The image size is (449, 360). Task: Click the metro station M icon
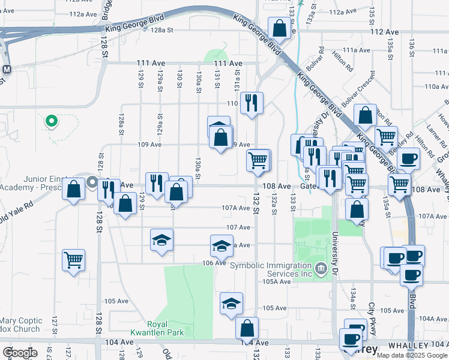(x=7, y=69)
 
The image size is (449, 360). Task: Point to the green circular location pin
(x=52, y=121)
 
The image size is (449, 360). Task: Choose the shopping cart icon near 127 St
(x=73, y=260)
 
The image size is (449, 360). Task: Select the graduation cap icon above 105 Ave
(x=231, y=304)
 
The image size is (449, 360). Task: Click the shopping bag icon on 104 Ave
(x=247, y=328)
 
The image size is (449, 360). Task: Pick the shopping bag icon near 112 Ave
(x=280, y=28)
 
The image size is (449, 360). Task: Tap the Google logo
(x=20, y=353)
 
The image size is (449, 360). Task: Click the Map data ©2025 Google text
(x=412, y=355)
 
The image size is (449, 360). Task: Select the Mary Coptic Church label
(x=20, y=325)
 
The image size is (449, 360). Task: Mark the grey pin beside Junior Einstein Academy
(x=92, y=182)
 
